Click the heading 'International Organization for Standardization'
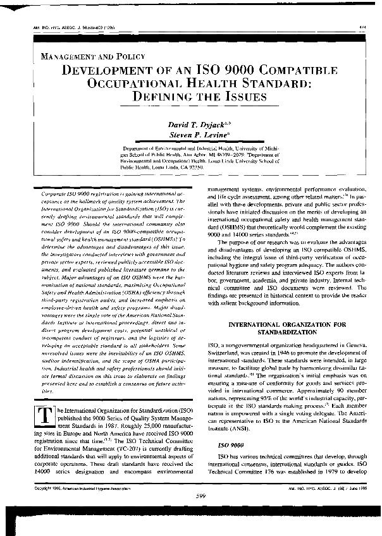point(284,327)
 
